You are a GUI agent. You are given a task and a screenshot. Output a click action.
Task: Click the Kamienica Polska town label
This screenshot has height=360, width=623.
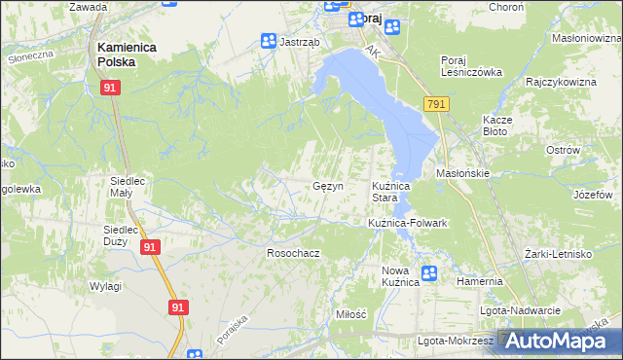coord(115,53)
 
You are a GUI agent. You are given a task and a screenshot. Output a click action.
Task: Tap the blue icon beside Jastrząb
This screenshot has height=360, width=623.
coord(268,41)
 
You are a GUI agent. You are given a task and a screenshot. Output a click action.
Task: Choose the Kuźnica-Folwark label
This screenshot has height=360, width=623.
coord(407,223)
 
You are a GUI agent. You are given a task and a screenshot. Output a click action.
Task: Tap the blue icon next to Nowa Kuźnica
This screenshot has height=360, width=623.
coord(429,274)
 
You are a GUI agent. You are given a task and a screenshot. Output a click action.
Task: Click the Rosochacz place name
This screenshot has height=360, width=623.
coord(294,252)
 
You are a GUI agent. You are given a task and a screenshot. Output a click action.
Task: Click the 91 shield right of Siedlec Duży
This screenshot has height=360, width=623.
coord(148,248)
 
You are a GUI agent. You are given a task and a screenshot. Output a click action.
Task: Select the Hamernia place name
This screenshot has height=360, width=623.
coord(479,281)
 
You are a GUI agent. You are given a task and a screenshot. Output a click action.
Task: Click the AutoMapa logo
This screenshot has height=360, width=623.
coord(559,341)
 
